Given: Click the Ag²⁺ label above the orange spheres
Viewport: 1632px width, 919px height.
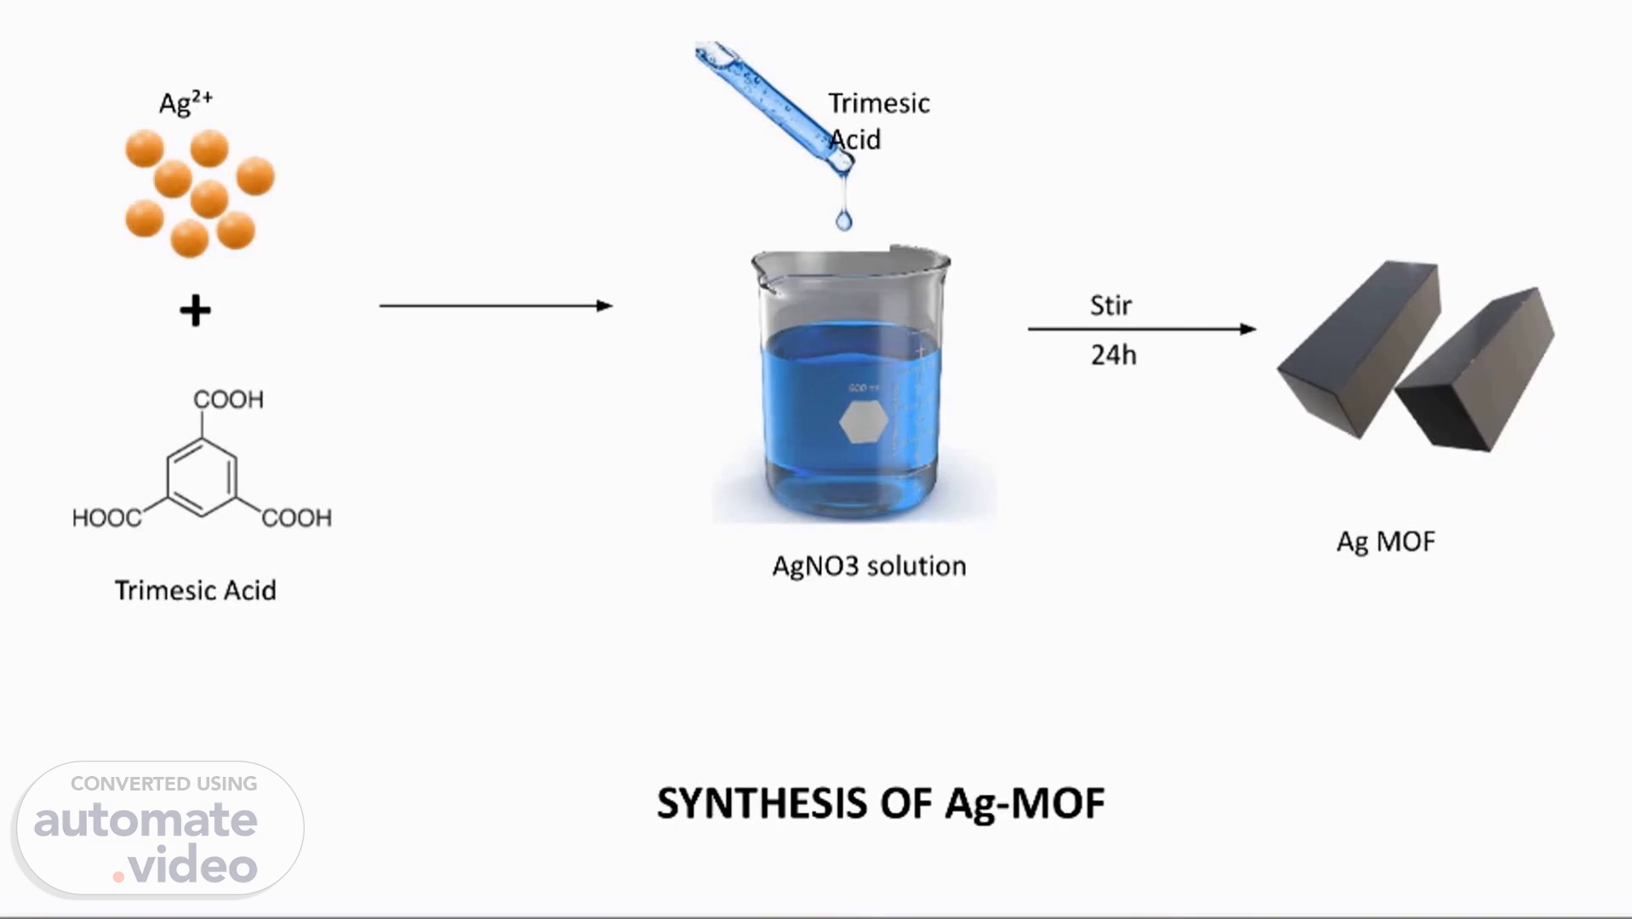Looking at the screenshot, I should pyautogui.click(x=185, y=102).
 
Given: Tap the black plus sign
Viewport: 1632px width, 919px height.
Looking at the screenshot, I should pyautogui.click(x=195, y=311).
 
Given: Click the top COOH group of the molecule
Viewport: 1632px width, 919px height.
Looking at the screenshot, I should pyautogui.click(x=228, y=399).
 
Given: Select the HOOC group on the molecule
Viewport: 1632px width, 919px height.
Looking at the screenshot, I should pyautogui.click(x=106, y=517).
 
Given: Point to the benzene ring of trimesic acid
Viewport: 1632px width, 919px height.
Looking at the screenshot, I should pyautogui.click(x=202, y=477).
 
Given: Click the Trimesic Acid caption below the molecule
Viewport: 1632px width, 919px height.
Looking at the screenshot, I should pyautogui.click(x=196, y=591).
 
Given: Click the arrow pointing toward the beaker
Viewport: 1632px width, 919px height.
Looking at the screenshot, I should pyautogui.click(x=495, y=305).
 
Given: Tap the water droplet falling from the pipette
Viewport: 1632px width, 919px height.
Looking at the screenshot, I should pyautogui.click(x=843, y=220).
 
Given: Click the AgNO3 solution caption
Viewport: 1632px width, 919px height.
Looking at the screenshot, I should pyautogui.click(x=869, y=566).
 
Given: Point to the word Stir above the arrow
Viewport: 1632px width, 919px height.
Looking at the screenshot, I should pyautogui.click(x=1110, y=305).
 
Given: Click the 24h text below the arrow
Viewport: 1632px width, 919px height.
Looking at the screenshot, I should pyautogui.click(x=1113, y=355).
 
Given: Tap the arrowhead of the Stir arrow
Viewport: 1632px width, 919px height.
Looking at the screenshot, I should pyautogui.click(x=1248, y=328).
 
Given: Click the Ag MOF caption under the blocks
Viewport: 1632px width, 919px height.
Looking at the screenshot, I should pyautogui.click(x=1385, y=541).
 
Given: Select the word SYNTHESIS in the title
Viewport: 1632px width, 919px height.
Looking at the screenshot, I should pyautogui.click(x=762, y=803).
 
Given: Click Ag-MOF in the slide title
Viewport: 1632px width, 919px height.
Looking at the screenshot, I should pyautogui.click(x=1025, y=803).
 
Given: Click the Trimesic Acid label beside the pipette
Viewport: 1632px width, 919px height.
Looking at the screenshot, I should pyautogui.click(x=878, y=121).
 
